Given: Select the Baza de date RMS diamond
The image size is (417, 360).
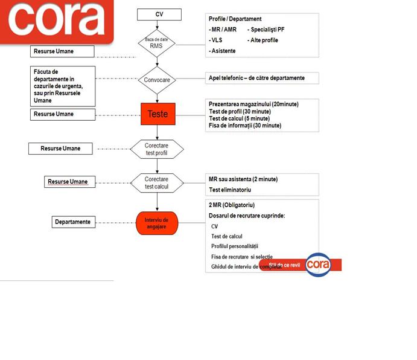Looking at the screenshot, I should tap(157, 43).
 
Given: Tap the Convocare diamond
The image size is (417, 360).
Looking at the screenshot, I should tap(157, 79).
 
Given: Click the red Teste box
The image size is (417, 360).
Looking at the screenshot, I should tap(158, 113).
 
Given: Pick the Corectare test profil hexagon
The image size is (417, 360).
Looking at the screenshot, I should tap(156, 149).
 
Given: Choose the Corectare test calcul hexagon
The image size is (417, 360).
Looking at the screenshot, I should tap(156, 182).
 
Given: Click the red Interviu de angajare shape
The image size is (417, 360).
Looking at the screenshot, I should tap(157, 223).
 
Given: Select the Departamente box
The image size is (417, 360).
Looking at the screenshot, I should tap(73, 222).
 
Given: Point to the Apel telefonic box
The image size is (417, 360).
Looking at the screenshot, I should tap(256, 78).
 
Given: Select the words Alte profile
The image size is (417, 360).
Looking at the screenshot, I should tap(264, 40).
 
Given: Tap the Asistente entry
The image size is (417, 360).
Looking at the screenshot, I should tap(223, 51).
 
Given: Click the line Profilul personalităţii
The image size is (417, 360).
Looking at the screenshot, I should tap(235, 246).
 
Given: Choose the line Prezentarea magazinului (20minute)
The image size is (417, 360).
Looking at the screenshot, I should tap(253, 104).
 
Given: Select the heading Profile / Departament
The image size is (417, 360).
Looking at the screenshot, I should tap(235, 19).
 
